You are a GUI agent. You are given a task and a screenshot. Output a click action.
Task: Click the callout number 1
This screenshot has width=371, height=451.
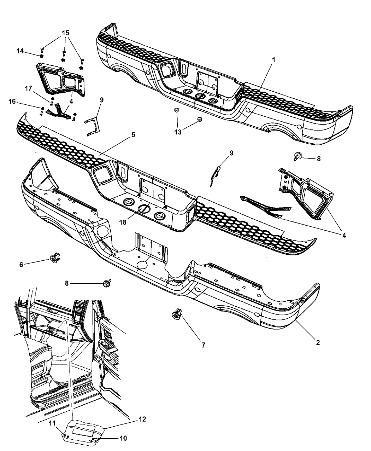coord(273,60)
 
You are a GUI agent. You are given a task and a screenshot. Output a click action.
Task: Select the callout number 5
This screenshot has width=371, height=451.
coord(133,135)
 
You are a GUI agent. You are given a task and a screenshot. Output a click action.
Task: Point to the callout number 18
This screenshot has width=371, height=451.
coord(123,222)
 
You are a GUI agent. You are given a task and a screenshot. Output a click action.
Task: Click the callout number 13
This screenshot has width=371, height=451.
coord(178,132)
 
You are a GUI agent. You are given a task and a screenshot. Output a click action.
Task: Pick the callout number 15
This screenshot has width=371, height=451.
coord(66,33)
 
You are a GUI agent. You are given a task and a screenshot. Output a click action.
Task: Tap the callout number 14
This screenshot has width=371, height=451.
coord(20,51)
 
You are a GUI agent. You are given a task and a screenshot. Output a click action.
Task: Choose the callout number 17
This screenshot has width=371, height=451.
coord(29,88)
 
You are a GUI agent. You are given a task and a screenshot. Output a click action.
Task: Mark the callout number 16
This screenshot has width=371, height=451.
coord(12,101)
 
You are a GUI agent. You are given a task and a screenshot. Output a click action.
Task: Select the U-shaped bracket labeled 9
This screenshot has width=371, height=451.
coord(93,127)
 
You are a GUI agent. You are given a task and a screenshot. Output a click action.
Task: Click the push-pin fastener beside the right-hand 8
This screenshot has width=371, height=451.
coord(298,156)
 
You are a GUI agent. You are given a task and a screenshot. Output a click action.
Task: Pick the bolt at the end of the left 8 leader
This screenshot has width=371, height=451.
coord(107,283)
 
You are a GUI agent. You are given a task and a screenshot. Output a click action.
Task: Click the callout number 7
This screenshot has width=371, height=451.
coord(203,345)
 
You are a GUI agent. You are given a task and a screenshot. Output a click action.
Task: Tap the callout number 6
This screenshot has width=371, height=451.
coord(21,265)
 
